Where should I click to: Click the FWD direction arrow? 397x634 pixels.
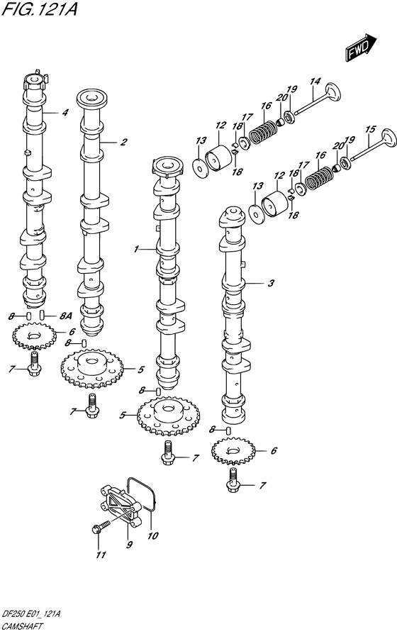click(361, 48)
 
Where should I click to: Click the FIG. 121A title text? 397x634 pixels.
click(39, 9)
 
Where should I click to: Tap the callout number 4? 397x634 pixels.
click(65, 113)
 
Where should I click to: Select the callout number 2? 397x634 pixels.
click(124, 142)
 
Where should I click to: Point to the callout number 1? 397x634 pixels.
click(136, 249)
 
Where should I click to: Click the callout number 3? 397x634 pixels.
click(271, 283)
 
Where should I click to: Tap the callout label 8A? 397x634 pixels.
click(65, 316)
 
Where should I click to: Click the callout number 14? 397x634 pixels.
click(315, 82)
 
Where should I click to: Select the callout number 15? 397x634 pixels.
click(370, 130)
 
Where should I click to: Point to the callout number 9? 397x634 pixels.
click(129, 545)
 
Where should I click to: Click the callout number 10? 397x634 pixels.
click(152, 535)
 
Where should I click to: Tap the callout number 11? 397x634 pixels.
click(101, 555)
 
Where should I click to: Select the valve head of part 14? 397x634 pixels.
click(332, 92)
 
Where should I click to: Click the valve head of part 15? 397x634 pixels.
click(388, 139)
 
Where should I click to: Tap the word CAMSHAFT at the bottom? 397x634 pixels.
click(23, 627)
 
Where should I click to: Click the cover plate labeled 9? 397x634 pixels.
click(121, 506)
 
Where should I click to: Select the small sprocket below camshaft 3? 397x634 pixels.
click(233, 451)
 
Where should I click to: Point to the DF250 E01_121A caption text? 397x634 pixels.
click(31, 615)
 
